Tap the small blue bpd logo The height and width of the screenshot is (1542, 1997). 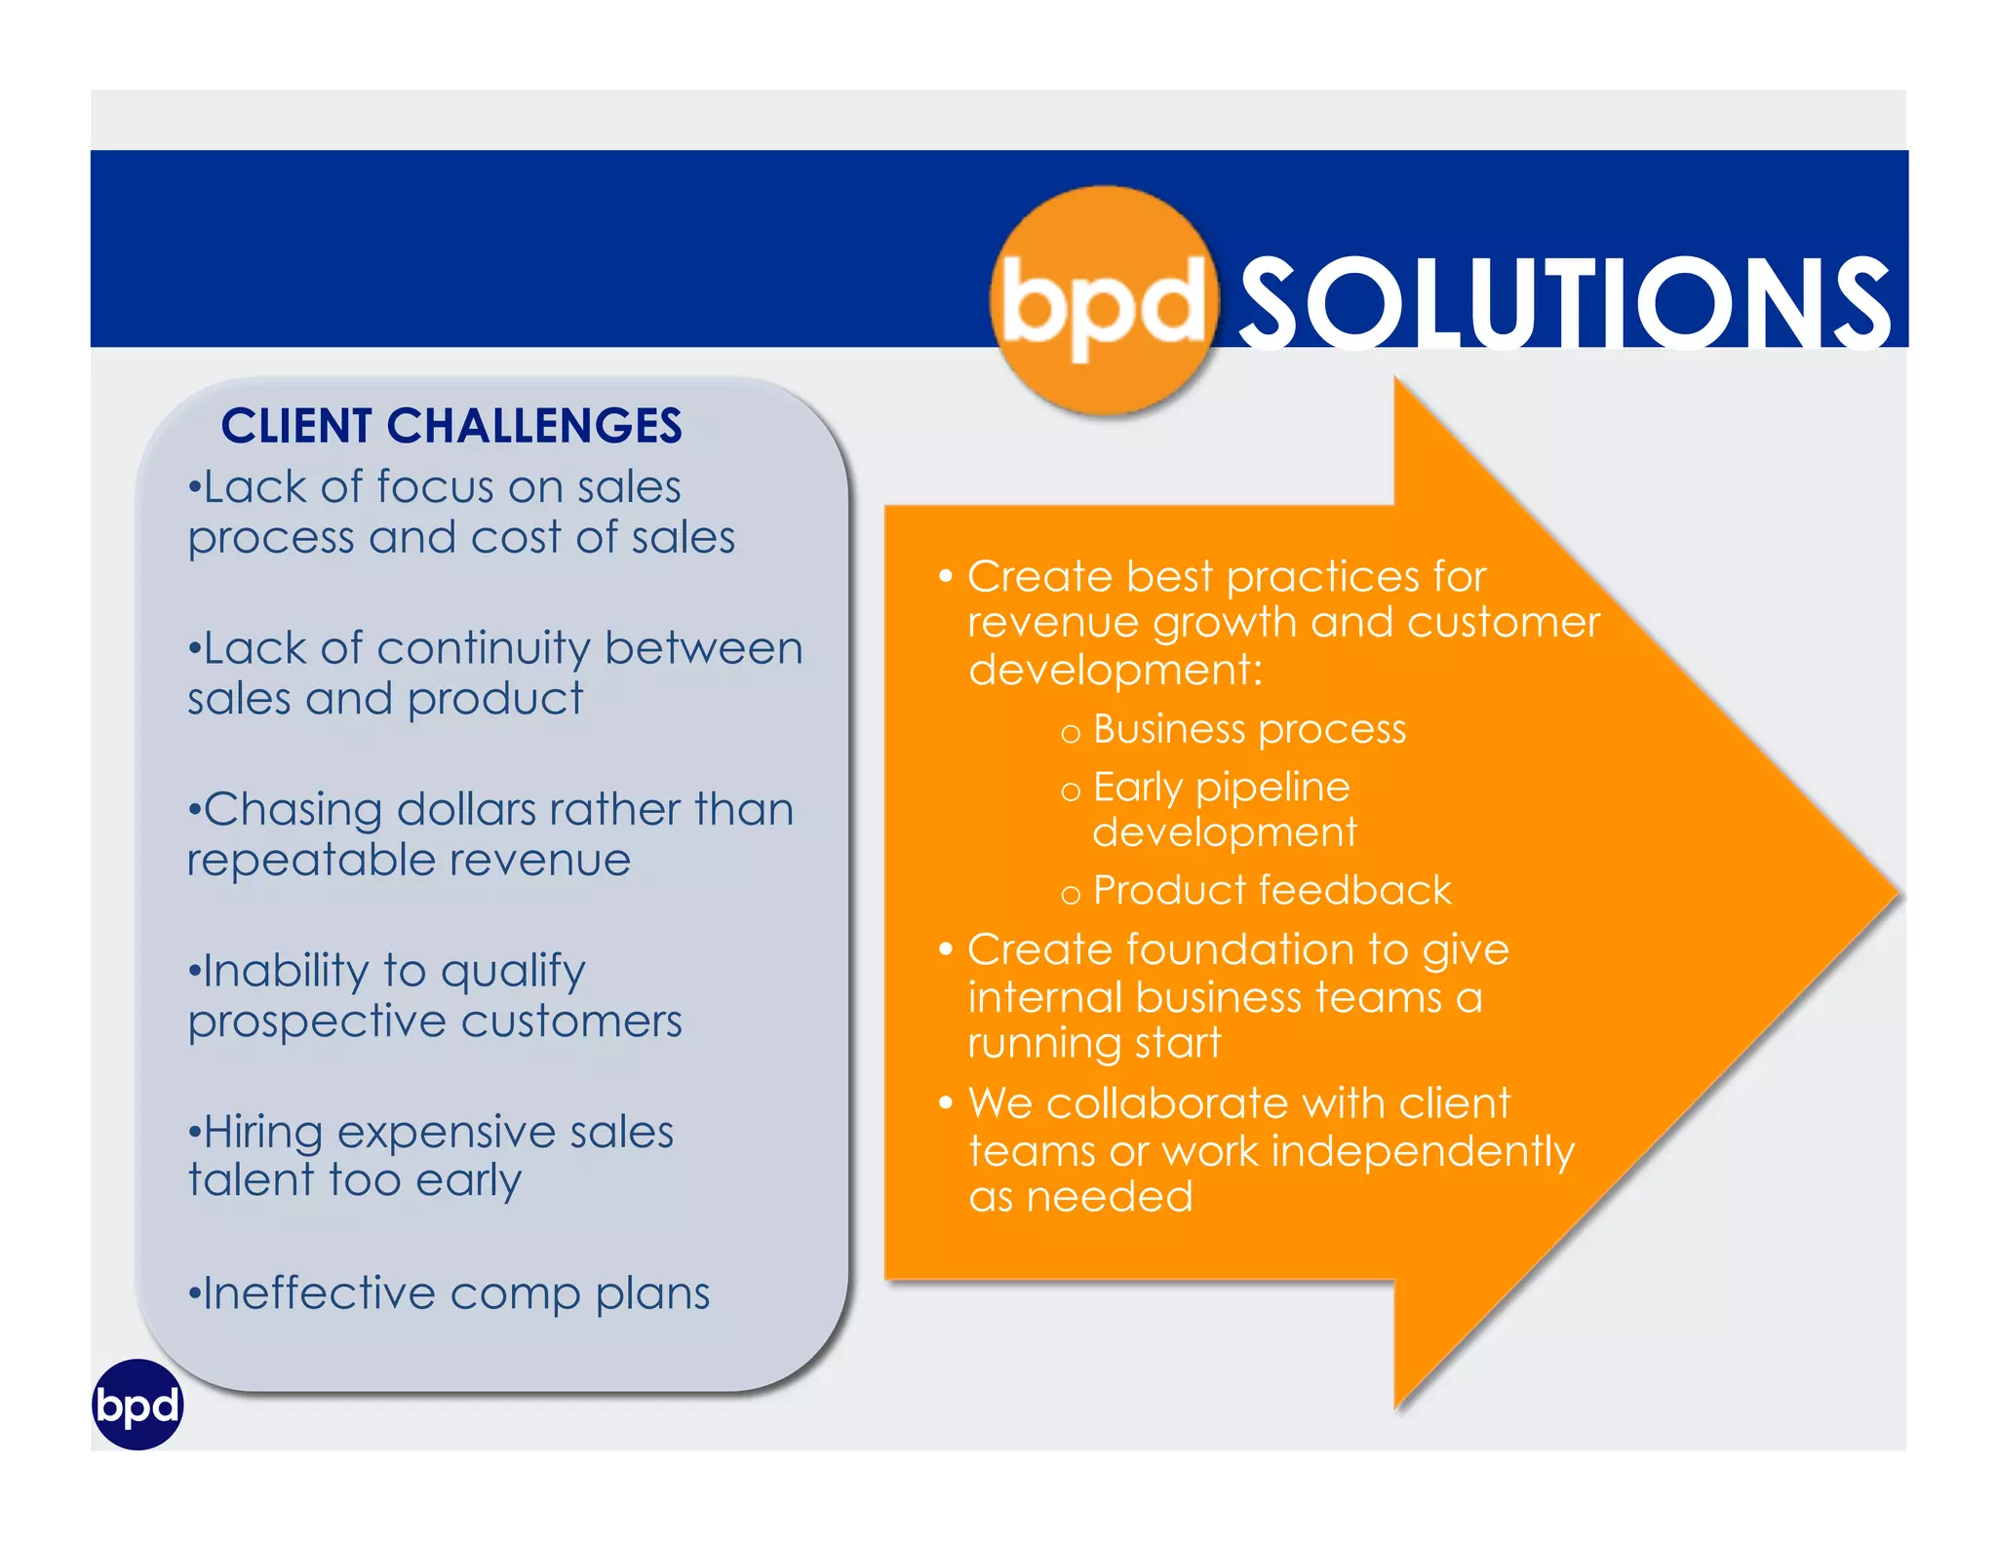(x=137, y=1405)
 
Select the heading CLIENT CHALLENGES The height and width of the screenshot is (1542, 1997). (x=450, y=426)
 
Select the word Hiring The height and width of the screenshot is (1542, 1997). (x=262, y=1133)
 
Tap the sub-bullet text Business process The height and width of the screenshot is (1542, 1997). (x=1249, y=730)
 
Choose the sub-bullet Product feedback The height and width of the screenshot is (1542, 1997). (x=1272, y=891)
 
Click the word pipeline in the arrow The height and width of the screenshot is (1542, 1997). (x=1273, y=788)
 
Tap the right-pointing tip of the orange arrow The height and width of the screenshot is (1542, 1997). (x=1892, y=892)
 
